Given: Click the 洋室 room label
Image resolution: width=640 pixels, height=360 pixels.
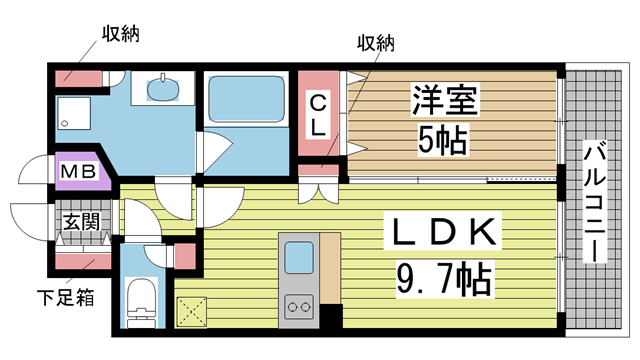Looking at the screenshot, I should [444, 102].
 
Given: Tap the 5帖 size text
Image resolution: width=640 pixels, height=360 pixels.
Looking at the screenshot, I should [441, 141].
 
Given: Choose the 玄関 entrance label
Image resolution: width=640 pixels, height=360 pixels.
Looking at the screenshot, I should [81, 222].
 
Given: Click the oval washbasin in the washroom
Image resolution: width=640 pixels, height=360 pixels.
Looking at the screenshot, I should [163, 91].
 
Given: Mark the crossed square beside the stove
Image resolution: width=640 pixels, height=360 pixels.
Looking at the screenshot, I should [189, 312].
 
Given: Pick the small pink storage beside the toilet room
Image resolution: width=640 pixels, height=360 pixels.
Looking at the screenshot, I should [184, 256].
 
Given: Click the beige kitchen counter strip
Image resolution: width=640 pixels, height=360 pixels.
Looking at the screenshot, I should [332, 270].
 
